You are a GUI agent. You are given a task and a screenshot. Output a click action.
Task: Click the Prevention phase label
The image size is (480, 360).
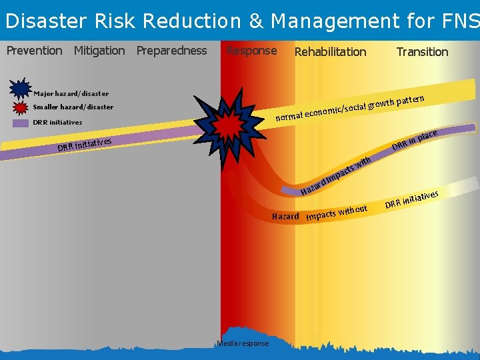tap(34, 51)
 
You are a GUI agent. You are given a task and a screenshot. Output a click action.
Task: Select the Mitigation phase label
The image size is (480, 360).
tap(99, 51)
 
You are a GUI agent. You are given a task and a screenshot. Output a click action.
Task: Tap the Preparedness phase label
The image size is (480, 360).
tap(171, 51)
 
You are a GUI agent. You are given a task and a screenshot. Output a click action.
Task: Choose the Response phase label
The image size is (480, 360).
tap(251, 51)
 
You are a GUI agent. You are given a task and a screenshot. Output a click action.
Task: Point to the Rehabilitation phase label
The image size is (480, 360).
tap(330, 51)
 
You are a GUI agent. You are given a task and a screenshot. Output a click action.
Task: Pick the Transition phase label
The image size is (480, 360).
tap(422, 51)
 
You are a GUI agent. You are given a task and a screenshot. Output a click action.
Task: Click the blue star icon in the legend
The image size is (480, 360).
tap(21, 89)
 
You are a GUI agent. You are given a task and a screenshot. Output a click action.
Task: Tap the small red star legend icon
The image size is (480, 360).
tap(21, 107)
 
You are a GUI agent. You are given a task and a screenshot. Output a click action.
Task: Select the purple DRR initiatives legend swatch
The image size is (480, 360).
tap(21, 123)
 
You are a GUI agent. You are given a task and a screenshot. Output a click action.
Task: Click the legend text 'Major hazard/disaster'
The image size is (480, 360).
tap(71, 94)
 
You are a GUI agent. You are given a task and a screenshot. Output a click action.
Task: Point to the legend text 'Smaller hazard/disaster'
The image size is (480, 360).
tap(73, 107)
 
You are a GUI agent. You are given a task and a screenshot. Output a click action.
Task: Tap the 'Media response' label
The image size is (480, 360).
tap(243, 343)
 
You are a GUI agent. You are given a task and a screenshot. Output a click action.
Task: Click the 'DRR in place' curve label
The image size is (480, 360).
tap(414, 140)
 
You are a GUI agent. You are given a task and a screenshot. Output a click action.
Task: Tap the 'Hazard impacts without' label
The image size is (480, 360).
tap(320, 214)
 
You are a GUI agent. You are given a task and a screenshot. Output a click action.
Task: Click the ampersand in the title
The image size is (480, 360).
tap(256, 21)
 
